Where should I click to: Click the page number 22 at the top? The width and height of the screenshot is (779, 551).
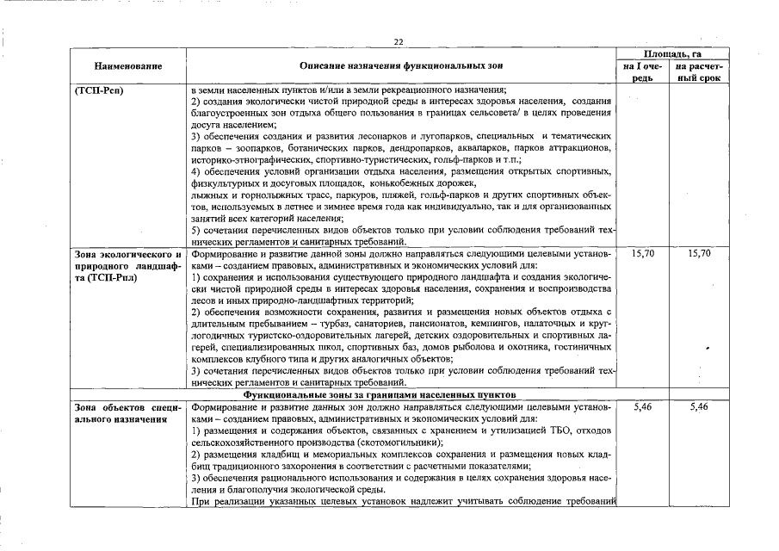click(x=399, y=42)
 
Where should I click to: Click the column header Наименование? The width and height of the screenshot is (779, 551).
click(x=128, y=65)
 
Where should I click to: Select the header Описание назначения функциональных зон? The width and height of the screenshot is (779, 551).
click(x=401, y=65)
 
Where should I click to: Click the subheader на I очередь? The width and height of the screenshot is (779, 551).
click(x=644, y=71)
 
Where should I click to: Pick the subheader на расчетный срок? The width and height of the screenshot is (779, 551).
click(x=699, y=71)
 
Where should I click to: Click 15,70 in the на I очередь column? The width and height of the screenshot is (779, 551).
click(x=643, y=255)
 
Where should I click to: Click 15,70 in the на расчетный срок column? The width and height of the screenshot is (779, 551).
click(x=699, y=255)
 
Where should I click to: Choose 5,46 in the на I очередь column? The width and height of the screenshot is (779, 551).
click(x=643, y=406)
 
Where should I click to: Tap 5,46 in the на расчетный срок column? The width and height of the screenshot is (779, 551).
click(x=699, y=406)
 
